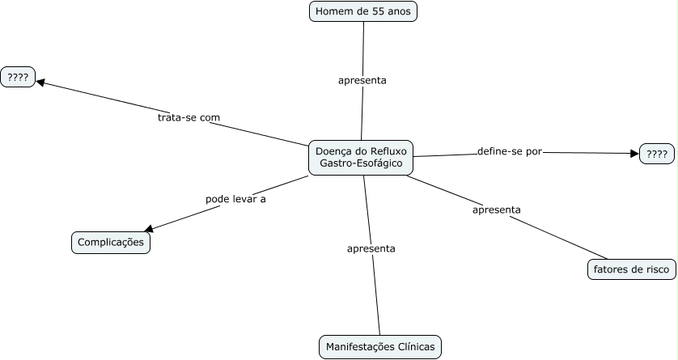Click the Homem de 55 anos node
pos(363,11)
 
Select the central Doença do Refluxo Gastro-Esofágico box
pos(361,158)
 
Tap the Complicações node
pos(111,243)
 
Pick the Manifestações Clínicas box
pos(380,347)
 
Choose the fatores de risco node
pos(631,269)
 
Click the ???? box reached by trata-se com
pos(18,78)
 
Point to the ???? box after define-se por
pos(657,154)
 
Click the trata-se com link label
pos(189,117)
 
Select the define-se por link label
pos(510,152)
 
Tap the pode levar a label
pos(235,199)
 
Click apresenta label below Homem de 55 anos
pos(362,80)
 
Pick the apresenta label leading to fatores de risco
pos(497,210)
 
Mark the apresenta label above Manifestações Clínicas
pos(371,249)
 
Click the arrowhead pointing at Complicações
pos(148,229)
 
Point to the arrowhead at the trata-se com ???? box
pos(40,82)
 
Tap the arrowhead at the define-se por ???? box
pos(635,153)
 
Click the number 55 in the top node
pos(378,11)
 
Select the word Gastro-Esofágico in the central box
pos(361,163)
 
